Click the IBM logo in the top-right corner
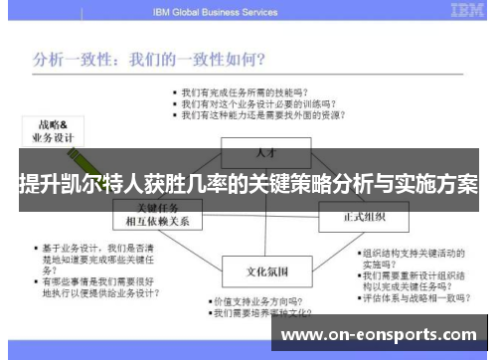(468, 11)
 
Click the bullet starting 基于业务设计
(85, 256)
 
